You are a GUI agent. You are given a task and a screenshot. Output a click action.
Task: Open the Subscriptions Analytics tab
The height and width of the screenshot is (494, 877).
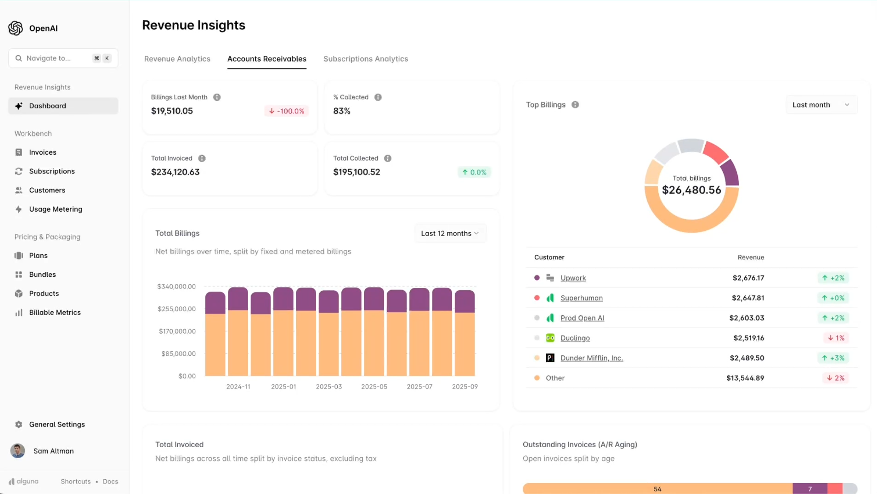pos(365,59)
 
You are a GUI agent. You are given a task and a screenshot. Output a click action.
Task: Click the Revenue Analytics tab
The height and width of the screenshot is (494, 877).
pos(177,59)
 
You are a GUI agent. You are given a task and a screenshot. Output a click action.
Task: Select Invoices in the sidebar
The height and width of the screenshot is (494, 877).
pos(42,152)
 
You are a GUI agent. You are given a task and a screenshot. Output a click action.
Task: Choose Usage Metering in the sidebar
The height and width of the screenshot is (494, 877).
pos(55,209)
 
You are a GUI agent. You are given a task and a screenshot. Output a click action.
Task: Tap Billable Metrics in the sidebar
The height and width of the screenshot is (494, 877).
pos(54,313)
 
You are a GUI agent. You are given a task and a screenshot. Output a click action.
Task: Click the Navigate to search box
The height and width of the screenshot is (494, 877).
pos(55,58)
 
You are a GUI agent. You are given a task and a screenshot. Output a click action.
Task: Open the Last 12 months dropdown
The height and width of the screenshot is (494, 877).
pos(450,233)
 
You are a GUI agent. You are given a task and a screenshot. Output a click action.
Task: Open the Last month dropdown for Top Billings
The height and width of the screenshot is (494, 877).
pos(820,105)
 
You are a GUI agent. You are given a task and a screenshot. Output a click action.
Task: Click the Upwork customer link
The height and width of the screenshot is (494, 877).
pos(573,278)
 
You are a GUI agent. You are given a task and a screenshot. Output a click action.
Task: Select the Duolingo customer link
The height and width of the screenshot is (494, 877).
pos(575,338)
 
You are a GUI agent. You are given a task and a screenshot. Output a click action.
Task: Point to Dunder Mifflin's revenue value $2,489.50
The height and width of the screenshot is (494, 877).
pos(747,358)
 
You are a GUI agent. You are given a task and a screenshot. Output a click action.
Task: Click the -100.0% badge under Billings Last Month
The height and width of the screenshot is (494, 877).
pos(286,111)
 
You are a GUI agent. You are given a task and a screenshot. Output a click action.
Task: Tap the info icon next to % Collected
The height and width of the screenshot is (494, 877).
pos(378,97)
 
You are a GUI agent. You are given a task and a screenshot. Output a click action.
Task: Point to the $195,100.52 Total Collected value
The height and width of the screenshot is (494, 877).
pos(356,172)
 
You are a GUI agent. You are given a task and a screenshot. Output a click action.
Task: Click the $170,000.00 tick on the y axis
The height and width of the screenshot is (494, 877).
pos(177,331)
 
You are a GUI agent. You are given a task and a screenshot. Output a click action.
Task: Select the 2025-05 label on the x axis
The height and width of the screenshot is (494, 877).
pos(374,387)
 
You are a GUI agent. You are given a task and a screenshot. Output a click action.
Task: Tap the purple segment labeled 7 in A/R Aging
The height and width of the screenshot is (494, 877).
pos(809,489)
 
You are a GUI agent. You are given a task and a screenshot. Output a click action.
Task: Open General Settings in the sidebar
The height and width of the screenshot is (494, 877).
pos(57,425)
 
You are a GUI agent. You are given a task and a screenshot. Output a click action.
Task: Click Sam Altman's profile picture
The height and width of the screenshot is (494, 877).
pos(18,451)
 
